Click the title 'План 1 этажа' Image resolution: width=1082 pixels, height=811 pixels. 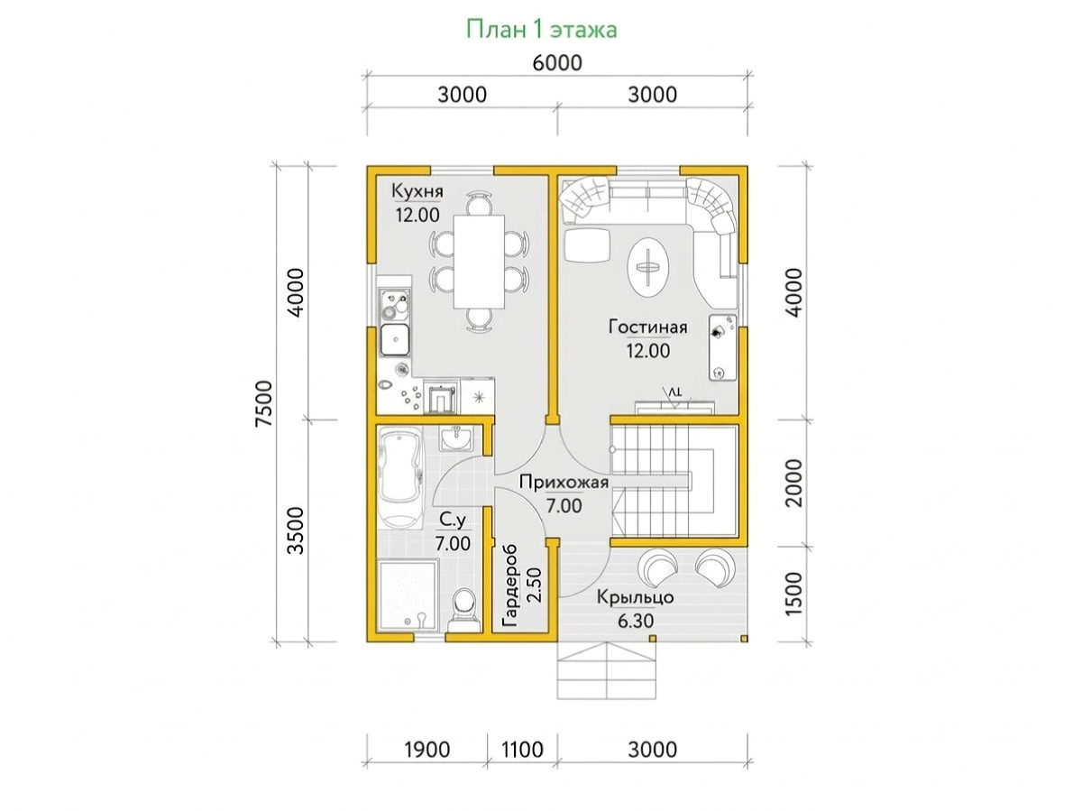click(541, 30)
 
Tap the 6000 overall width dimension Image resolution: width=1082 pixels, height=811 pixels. click(557, 63)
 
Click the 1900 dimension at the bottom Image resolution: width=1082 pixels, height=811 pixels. click(426, 750)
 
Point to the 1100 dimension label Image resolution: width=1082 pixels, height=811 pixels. click(522, 750)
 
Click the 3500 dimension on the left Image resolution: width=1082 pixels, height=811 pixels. click(296, 531)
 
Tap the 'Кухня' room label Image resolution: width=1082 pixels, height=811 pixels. click(417, 191)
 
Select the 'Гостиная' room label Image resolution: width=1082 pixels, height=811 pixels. click(647, 327)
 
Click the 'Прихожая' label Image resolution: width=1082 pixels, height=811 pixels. click(564, 482)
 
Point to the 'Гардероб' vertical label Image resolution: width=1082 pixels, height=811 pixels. click(510, 586)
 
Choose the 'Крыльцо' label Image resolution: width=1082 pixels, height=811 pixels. click(635, 597)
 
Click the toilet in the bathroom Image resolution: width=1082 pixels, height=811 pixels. click(464, 611)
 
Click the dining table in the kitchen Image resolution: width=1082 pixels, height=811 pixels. click(479, 262)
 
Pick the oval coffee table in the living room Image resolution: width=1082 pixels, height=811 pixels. click(648, 267)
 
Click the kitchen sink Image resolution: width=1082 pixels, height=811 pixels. click(394, 339)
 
